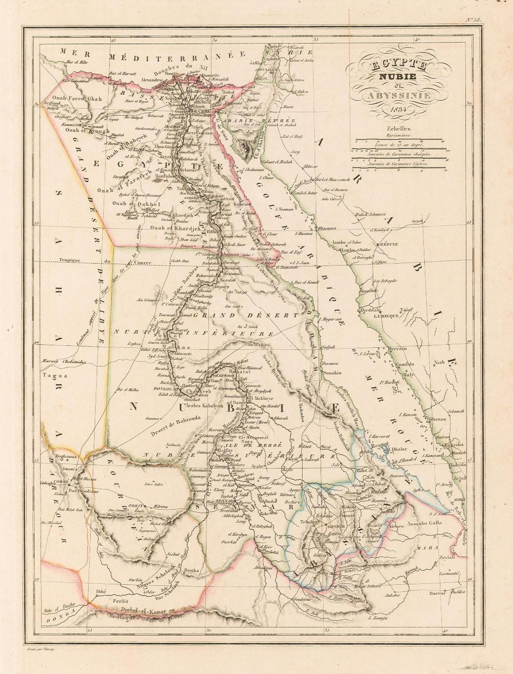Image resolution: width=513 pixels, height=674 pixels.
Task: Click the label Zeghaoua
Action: coord(63,458)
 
